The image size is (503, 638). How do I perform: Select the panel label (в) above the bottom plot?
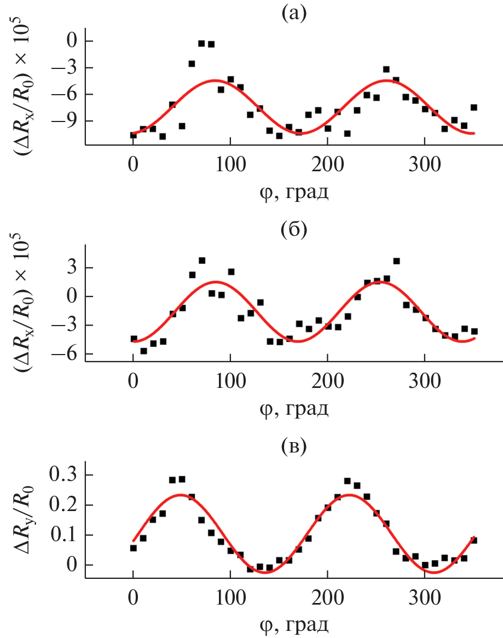point(293,447)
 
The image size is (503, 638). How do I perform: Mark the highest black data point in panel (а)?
point(201,43)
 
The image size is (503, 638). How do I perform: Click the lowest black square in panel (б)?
point(143,351)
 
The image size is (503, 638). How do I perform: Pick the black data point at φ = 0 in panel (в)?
point(134,548)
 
